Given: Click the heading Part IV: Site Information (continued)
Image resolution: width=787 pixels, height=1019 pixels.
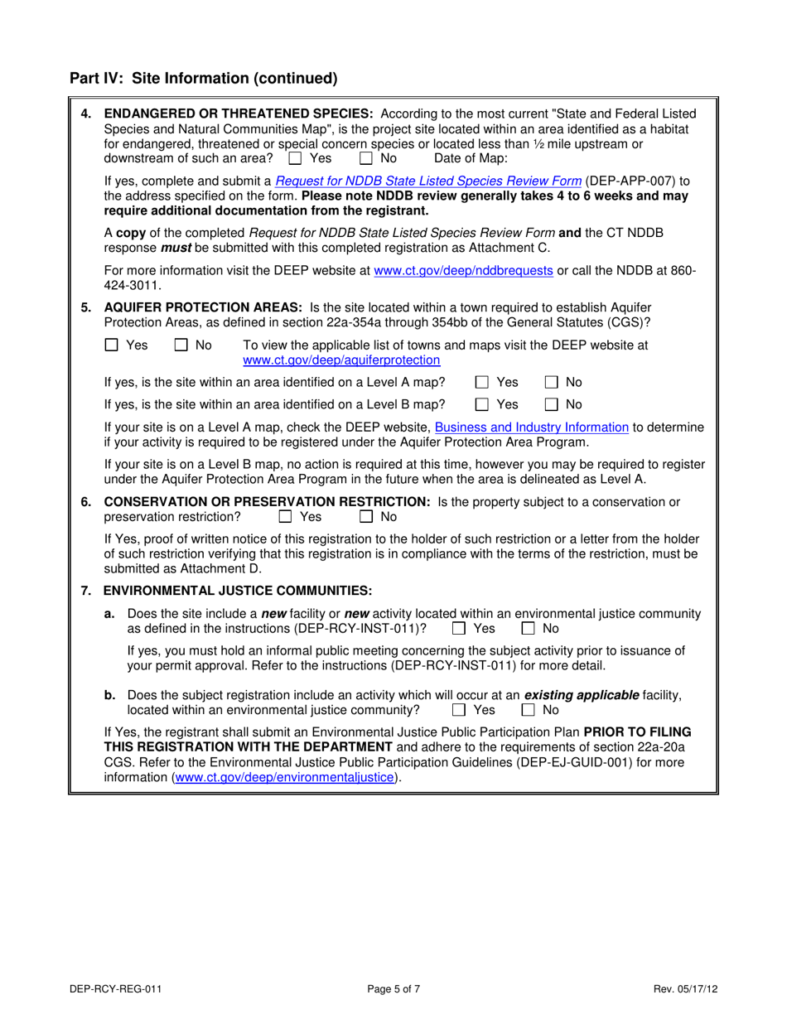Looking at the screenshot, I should pos(204,79).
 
